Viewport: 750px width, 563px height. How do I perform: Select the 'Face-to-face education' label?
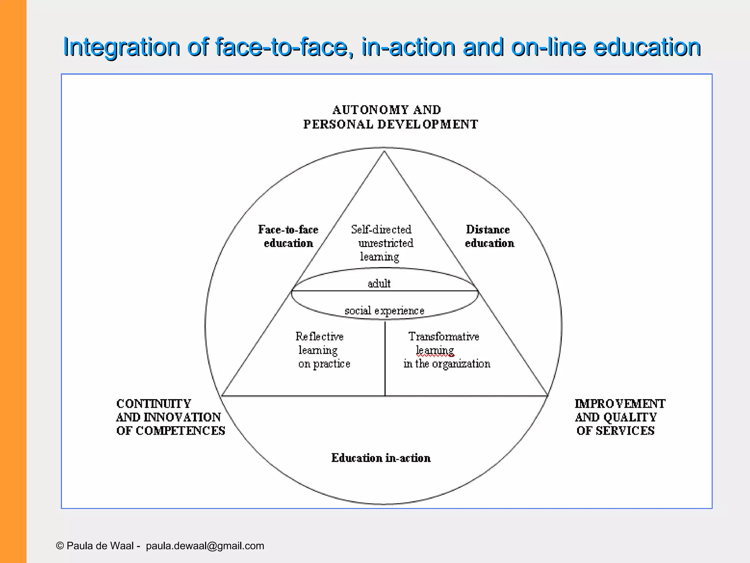tap(288, 236)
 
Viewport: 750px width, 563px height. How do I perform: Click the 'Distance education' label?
tap(489, 236)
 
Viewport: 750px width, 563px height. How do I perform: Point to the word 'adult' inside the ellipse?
tap(379, 283)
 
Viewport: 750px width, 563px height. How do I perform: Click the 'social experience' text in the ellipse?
tap(384, 310)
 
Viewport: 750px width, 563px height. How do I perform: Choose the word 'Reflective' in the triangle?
tap(319, 336)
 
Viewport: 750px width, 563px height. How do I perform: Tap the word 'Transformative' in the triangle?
tap(443, 336)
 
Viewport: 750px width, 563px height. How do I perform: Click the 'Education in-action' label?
tap(381, 458)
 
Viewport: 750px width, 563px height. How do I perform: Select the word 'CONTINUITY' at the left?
tap(154, 404)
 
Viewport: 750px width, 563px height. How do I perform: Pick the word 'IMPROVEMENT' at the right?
tap(620, 404)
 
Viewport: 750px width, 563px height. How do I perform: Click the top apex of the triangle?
tap(384, 151)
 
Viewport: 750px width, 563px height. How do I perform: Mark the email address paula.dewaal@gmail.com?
tap(205, 546)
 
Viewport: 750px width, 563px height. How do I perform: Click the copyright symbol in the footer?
tap(60, 546)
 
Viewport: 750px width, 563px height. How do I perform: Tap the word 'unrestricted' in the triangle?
tap(386, 243)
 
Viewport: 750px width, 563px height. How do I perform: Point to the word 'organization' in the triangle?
tap(461, 364)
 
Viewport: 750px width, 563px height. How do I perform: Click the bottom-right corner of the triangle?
tap(547, 396)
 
